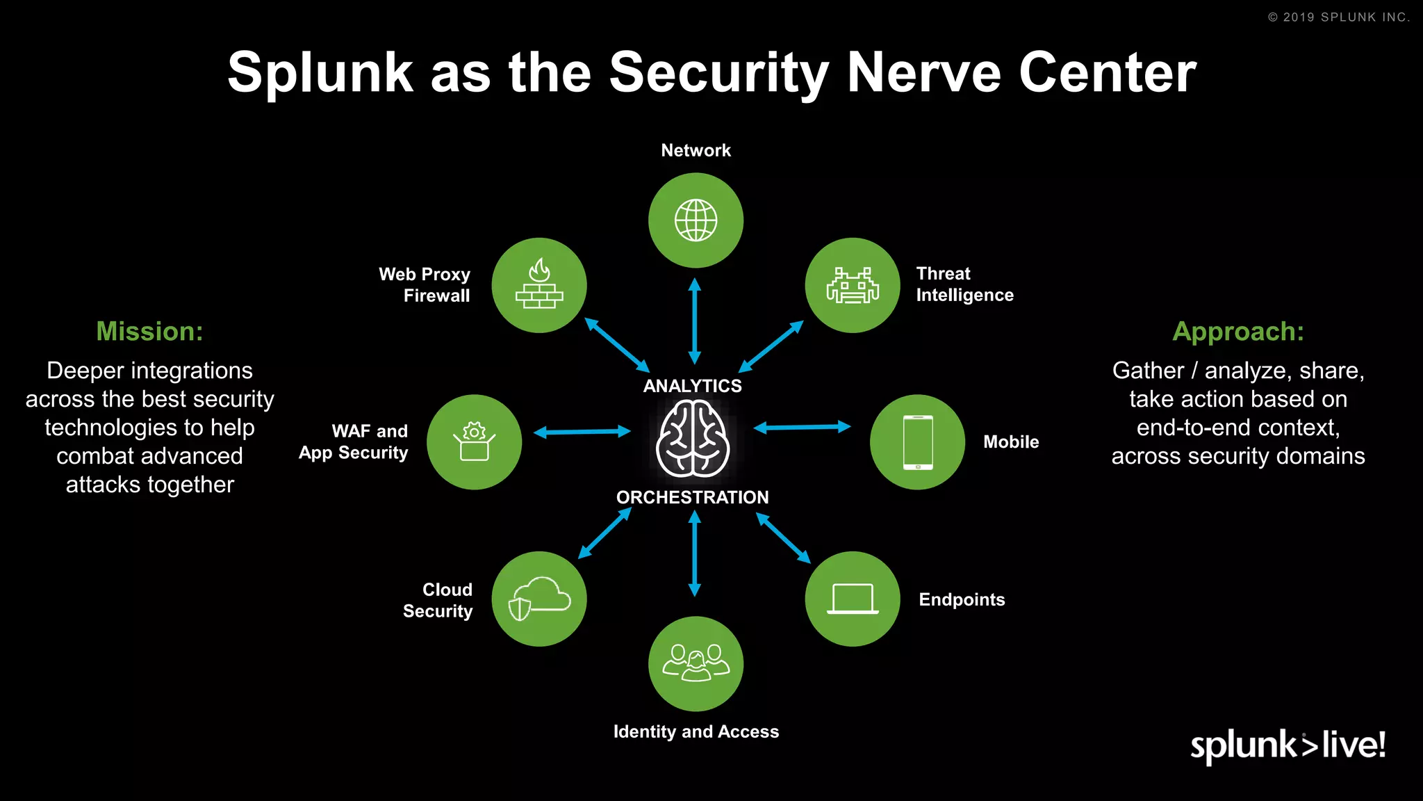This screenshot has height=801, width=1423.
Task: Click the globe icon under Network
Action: (696, 220)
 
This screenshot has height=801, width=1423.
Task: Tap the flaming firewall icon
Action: (539, 284)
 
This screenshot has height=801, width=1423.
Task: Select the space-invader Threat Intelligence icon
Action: (853, 285)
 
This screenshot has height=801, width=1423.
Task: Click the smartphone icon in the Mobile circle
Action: (917, 442)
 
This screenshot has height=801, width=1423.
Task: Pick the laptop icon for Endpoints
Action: (853, 599)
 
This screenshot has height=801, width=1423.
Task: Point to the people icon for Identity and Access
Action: (696, 663)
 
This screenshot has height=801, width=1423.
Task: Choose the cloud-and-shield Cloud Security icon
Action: (539, 599)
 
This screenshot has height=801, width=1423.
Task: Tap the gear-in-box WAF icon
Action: (474, 442)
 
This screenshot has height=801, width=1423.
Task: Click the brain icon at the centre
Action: (693, 441)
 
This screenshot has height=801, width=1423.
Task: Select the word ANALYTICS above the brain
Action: (692, 386)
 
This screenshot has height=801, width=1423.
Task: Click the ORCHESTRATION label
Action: (692, 497)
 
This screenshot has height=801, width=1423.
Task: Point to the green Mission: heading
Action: (149, 332)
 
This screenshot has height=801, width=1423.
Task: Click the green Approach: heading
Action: (1238, 332)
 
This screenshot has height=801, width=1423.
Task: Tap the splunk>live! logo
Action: (1288, 745)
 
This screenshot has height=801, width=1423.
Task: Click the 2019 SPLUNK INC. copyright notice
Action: (1339, 17)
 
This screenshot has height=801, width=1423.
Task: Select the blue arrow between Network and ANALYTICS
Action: (694, 321)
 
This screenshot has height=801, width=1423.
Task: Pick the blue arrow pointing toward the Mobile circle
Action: (802, 427)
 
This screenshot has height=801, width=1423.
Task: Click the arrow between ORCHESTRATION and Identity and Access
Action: (694, 553)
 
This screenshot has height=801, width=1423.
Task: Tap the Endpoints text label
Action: (962, 599)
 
